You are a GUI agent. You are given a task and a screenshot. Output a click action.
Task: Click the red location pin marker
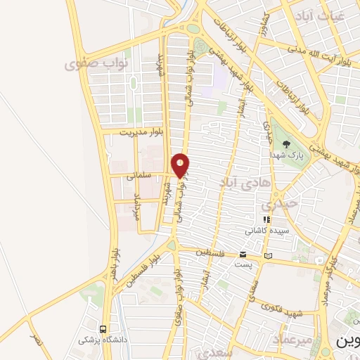pyautogui.click(x=181, y=165)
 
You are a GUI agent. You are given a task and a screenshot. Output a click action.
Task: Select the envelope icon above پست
pyautogui.click(x=243, y=254)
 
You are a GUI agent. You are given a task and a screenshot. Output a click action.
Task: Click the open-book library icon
pyautogui.click(x=266, y=255)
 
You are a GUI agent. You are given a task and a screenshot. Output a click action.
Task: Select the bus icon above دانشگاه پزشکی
pyautogui.click(x=103, y=329)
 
